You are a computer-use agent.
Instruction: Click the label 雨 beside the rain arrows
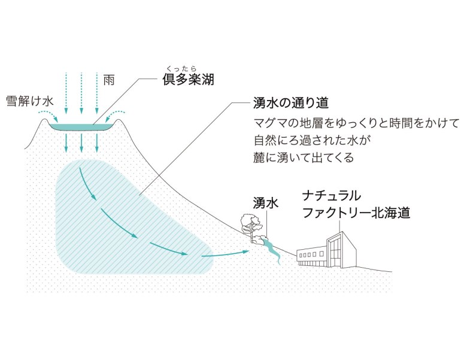point(108,80)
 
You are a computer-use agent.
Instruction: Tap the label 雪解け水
point(29,101)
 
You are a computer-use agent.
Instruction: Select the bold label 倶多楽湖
point(188,79)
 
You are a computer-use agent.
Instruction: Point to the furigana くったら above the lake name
point(181,69)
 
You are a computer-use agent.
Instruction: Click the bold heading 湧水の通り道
point(291,103)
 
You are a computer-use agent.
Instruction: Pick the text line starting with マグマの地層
point(357,123)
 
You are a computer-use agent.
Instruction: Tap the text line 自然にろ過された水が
point(312,140)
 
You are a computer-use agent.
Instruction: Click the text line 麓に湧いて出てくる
point(304,157)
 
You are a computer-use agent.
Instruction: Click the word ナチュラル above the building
point(332,196)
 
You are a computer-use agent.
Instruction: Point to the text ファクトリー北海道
point(356,213)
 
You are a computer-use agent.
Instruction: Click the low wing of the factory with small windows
point(312,256)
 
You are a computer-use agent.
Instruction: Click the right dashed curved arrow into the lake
point(115,116)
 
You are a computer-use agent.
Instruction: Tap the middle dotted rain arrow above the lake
point(81,93)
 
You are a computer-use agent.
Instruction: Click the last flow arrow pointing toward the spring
point(225,253)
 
